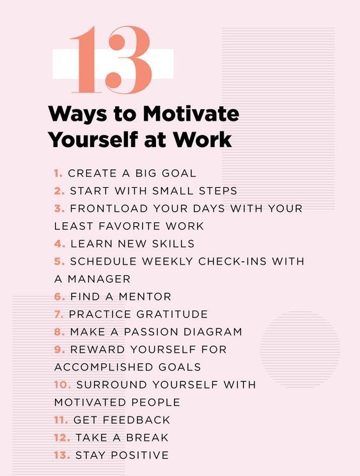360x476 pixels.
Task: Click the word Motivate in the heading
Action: pos(191,114)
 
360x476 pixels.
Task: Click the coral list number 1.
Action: pos(58,173)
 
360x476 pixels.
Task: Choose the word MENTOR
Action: pos(147,296)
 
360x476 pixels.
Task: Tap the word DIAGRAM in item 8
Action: pos(214,332)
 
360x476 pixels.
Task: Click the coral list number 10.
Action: pos(62,385)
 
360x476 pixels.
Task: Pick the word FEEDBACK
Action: pos(141,420)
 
